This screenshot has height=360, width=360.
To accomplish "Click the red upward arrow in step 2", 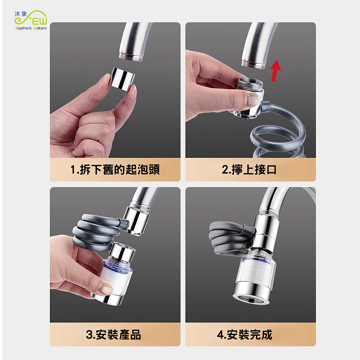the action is (275, 71).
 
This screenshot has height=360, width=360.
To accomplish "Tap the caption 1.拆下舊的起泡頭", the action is (115, 169).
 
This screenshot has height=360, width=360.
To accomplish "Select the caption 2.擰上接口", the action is (249, 169).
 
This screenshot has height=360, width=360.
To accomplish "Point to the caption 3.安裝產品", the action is (113, 334).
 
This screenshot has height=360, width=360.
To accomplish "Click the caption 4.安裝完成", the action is (244, 334).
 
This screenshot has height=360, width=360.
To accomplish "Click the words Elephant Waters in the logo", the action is (31, 28).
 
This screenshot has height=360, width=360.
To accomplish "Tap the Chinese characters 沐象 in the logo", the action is (21, 14).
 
